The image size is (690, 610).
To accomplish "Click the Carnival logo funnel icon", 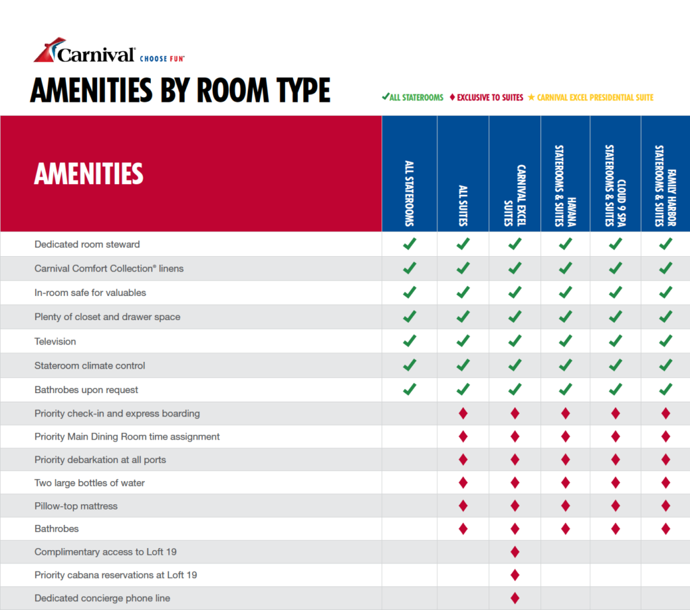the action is [x=48, y=50].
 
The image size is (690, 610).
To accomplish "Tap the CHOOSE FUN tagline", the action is [x=162, y=59].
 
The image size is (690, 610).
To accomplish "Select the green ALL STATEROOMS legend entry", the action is [x=413, y=97].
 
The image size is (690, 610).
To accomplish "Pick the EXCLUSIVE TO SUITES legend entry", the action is [x=487, y=97].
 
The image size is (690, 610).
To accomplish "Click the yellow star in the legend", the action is [x=531, y=97].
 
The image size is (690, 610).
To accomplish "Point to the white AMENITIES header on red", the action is [x=89, y=173].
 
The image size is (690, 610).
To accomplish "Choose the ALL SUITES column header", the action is [x=463, y=206].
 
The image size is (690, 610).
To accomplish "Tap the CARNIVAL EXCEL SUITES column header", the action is [x=515, y=195].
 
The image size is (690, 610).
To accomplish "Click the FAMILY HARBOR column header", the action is [x=665, y=186].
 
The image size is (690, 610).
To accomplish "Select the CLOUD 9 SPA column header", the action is [x=615, y=186].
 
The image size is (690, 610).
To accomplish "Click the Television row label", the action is [x=55, y=342].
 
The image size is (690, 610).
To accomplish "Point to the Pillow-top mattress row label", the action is [x=75, y=506].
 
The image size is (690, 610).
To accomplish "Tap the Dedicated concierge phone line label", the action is [x=102, y=598].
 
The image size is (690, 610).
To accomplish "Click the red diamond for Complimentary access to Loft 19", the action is [x=515, y=552].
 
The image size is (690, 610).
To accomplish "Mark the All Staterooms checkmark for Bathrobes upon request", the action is [x=409, y=390].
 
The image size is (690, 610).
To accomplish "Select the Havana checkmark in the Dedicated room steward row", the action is [x=565, y=244].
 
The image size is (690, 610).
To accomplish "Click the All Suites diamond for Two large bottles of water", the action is [x=463, y=483].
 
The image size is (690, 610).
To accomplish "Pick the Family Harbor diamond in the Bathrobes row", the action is [x=666, y=528].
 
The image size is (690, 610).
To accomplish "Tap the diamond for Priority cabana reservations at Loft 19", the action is [x=515, y=575].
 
